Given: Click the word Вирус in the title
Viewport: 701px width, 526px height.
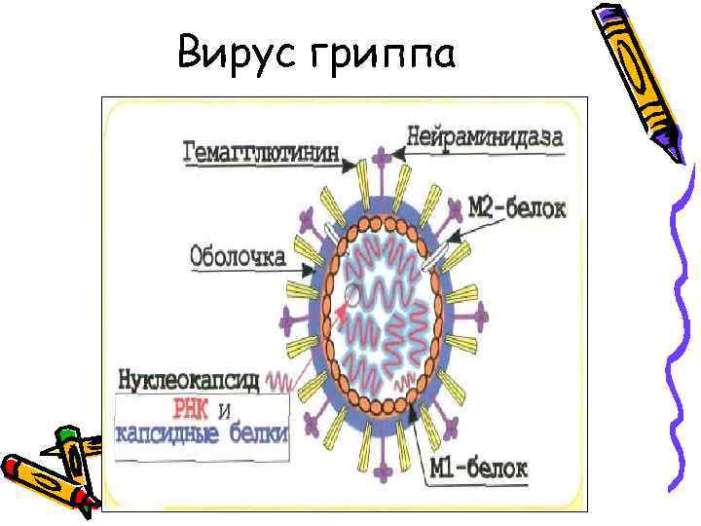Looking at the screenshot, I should pyautogui.click(x=233, y=56).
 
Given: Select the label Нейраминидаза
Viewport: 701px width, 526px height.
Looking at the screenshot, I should pyautogui.click(x=485, y=138).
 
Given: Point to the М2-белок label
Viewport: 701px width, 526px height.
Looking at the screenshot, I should pyautogui.click(x=523, y=207).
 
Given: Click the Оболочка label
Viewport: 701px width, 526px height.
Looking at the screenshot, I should pyautogui.click(x=238, y=258).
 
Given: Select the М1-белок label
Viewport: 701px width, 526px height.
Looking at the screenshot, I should pyautogui.click(x=480, y=470).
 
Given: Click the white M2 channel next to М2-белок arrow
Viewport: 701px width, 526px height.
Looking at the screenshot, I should pyautogui.click(x=440, y=254).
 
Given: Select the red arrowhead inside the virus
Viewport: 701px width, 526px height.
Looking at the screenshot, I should pyautogui.click(x=342, y=309).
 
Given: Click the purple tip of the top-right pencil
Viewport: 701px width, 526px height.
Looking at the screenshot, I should pyautogui.click(x=671, y=151).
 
